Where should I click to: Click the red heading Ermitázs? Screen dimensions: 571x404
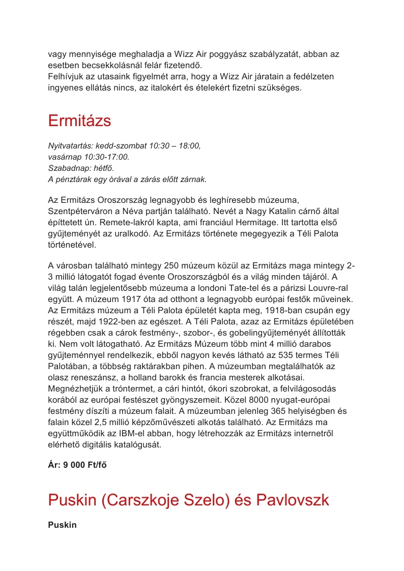tap(79, 121)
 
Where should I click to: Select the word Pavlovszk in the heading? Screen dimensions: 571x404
tap(293, 500)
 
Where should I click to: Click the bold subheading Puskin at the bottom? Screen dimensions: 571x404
tap(62, 525)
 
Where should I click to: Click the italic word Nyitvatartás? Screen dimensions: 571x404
tap(68, 146)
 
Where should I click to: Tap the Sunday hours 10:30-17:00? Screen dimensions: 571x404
tap(106, 157)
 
